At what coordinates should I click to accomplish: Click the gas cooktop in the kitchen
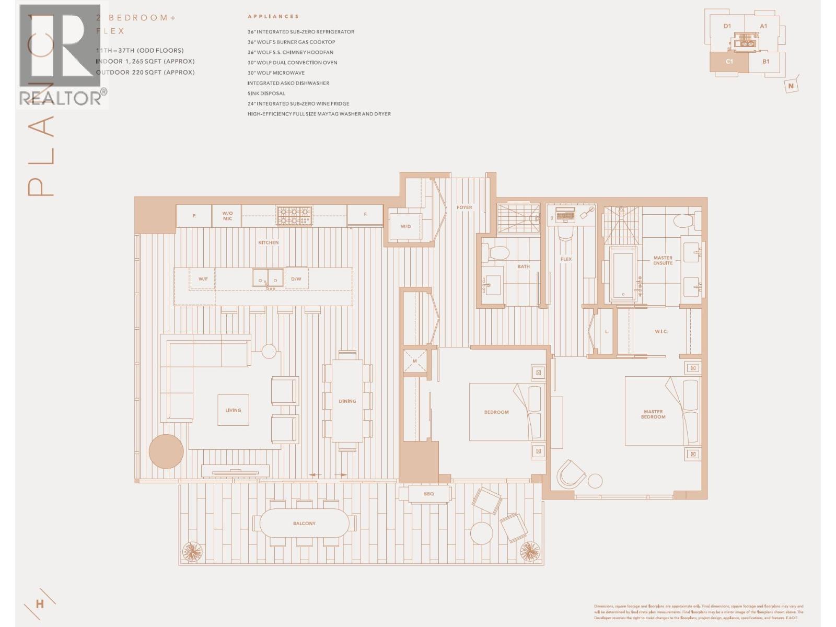(294, 215)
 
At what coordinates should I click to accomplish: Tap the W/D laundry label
(405, 226)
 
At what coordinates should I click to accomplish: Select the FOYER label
(464, 207)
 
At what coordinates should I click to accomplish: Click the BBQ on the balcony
(428, 494)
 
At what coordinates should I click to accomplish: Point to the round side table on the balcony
(481, 533)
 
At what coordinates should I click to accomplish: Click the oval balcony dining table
(304, 523)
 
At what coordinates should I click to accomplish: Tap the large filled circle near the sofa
(166, 451)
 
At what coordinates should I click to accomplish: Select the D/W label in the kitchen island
(296, 278)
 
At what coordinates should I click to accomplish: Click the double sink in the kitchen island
(268, 278)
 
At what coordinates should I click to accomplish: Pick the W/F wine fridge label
(203, 278)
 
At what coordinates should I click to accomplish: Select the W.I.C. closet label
(661, 331)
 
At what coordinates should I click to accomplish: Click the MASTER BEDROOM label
(653, 414)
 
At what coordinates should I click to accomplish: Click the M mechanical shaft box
(415, 361)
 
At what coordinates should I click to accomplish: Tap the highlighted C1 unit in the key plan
(729, 62)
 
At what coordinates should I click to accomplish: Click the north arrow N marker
(791, 86)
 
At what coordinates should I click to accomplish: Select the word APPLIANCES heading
(273, 17)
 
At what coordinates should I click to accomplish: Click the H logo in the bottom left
(40, 604)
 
